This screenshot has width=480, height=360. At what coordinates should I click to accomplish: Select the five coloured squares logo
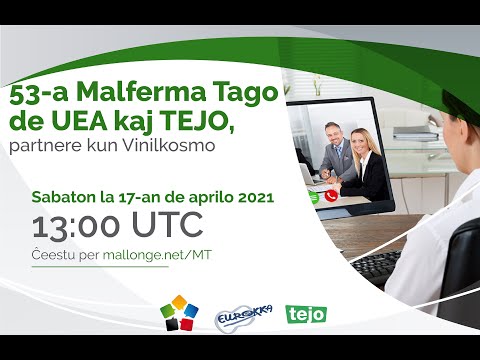tap(178, 314)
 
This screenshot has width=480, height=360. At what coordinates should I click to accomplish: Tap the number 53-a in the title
tap(33, 96)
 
